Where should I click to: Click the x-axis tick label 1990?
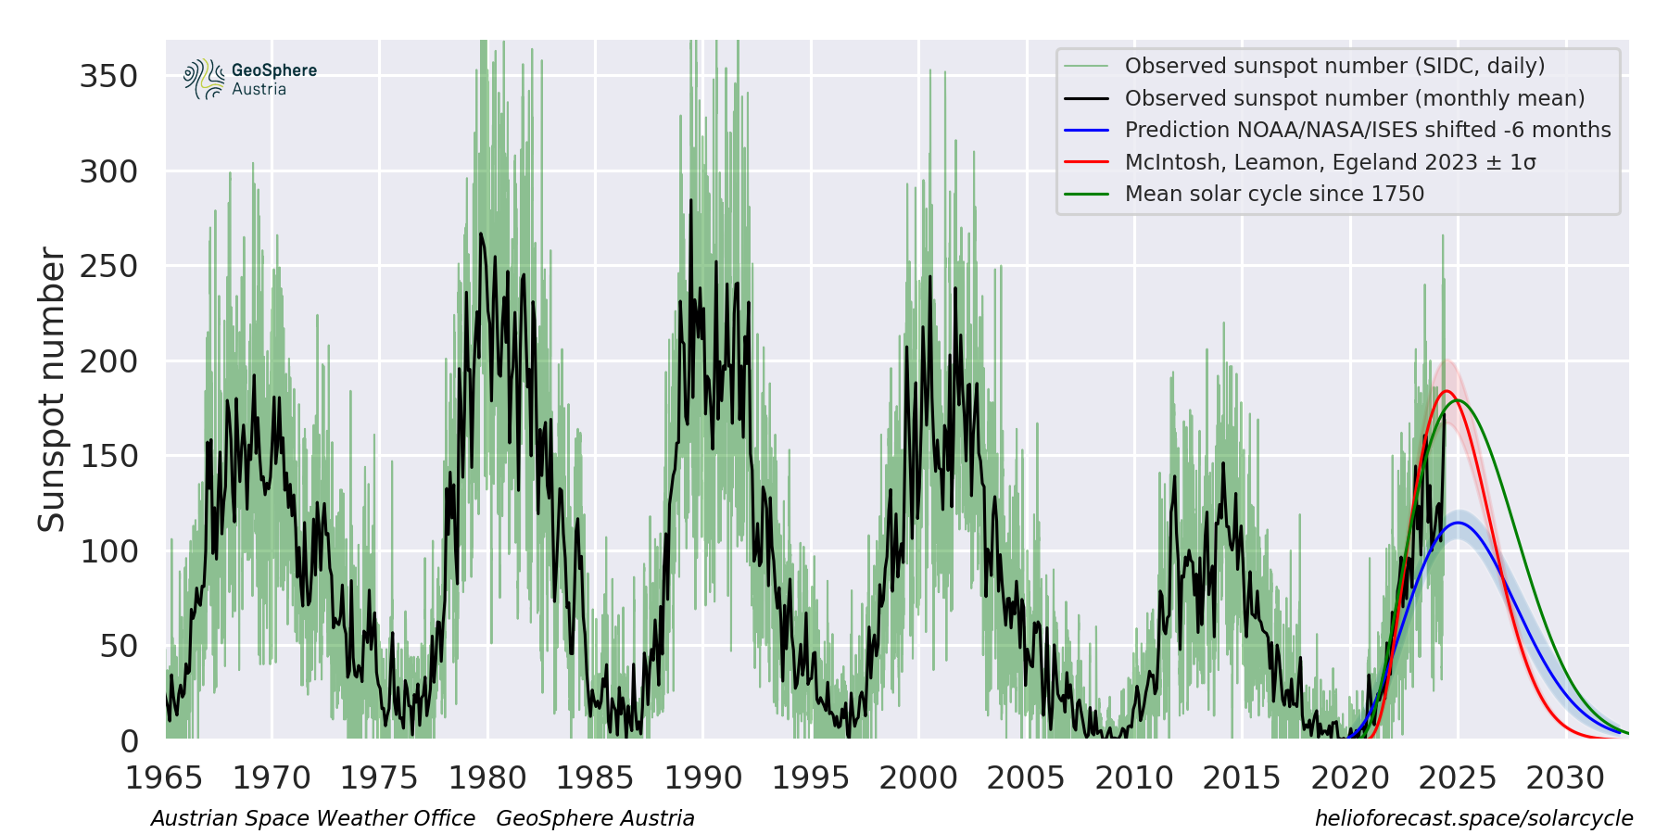(703, 778)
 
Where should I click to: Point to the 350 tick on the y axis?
(108, 76)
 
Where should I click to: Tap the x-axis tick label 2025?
(1458, 778)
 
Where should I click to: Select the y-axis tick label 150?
(108, 456)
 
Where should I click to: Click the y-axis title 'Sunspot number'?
(52, 389)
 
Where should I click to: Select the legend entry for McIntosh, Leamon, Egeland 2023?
(1330, 162)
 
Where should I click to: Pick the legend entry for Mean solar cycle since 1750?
(1274, 194)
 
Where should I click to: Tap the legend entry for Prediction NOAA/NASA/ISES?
(1367, 130)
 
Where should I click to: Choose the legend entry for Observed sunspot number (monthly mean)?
(1354, 98)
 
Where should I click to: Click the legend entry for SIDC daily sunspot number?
(1334, 66)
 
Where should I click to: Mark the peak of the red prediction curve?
(1446, 391)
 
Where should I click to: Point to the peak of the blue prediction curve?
(1458, 523)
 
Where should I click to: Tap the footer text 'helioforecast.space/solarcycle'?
(1473, 818)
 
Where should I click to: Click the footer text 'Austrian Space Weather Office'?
(313, 818)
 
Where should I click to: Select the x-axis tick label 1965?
(164, 778)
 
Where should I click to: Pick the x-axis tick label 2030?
(1565, 778)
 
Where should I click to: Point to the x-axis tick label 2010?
(1134, 778)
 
